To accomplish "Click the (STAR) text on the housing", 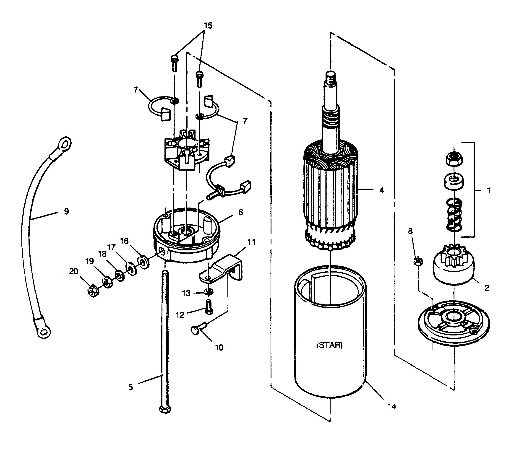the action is coord(329,345).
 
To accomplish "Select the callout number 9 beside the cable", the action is coord(66,211).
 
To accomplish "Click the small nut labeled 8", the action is coord(418,262).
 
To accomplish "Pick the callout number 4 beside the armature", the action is coord(382,190).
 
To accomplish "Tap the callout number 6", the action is coord(241,212).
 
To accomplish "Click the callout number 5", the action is coord(130,387).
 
